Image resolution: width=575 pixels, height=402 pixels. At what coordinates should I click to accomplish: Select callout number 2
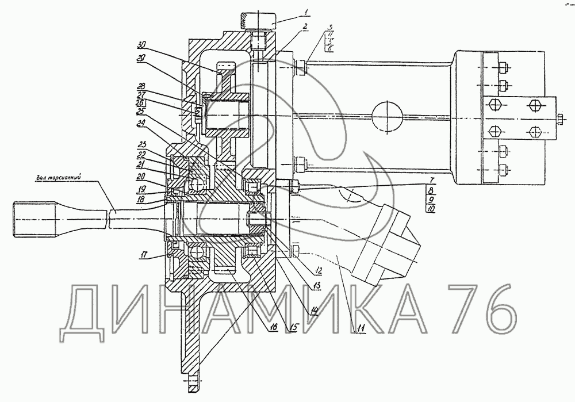tap(305, 26)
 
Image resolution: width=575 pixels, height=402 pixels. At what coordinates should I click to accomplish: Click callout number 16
tap(273, 327)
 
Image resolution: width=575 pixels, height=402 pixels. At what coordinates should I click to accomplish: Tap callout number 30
tap(141, 45)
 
